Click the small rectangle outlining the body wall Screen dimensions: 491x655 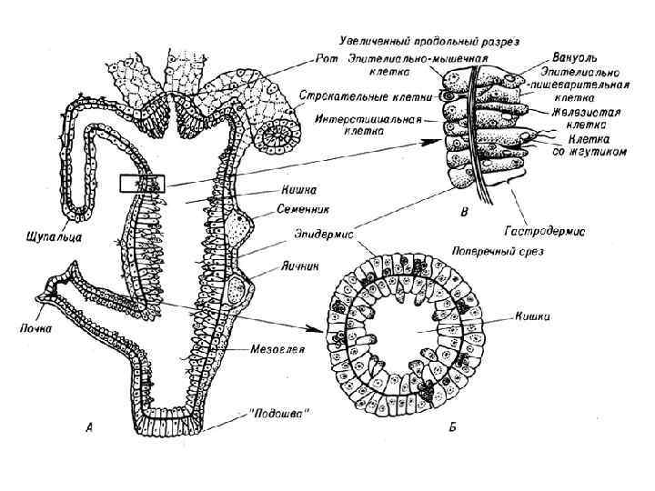tap(141, 183)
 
